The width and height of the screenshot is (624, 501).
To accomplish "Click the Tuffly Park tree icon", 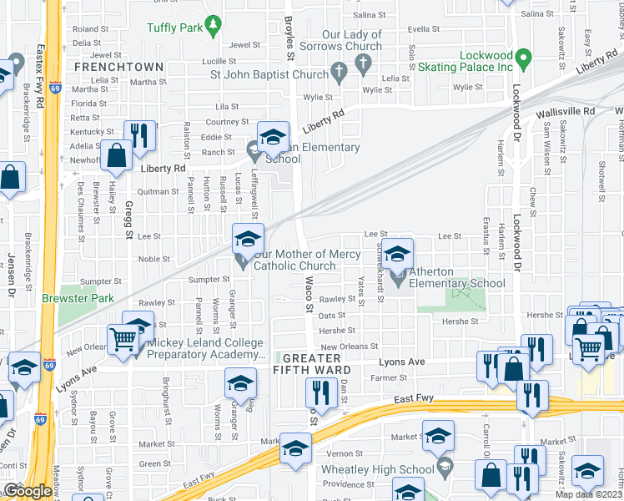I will [x=214, y=26].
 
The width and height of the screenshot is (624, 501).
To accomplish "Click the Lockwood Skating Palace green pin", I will [x=523, y=59].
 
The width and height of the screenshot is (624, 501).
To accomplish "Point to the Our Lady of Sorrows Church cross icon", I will [x=363, y=63].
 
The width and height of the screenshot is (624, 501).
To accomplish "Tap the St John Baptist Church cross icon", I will [x=338, y=74].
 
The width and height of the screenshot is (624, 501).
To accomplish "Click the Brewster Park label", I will [x=78, y=297].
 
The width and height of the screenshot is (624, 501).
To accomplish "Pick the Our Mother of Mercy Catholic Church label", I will [x=307, y=260].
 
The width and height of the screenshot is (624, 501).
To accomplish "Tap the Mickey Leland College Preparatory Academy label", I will [x=205, y=348].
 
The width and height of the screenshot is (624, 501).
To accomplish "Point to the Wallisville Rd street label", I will [x=566, y=110].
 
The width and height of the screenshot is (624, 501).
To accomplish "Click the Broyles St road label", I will [x=289, y=47].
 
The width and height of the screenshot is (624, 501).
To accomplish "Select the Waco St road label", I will [x=308, y=294].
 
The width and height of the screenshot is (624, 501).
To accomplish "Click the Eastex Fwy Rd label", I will [x=39, y=80].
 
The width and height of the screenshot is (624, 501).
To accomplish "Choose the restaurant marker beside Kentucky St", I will [x=138, y=135].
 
